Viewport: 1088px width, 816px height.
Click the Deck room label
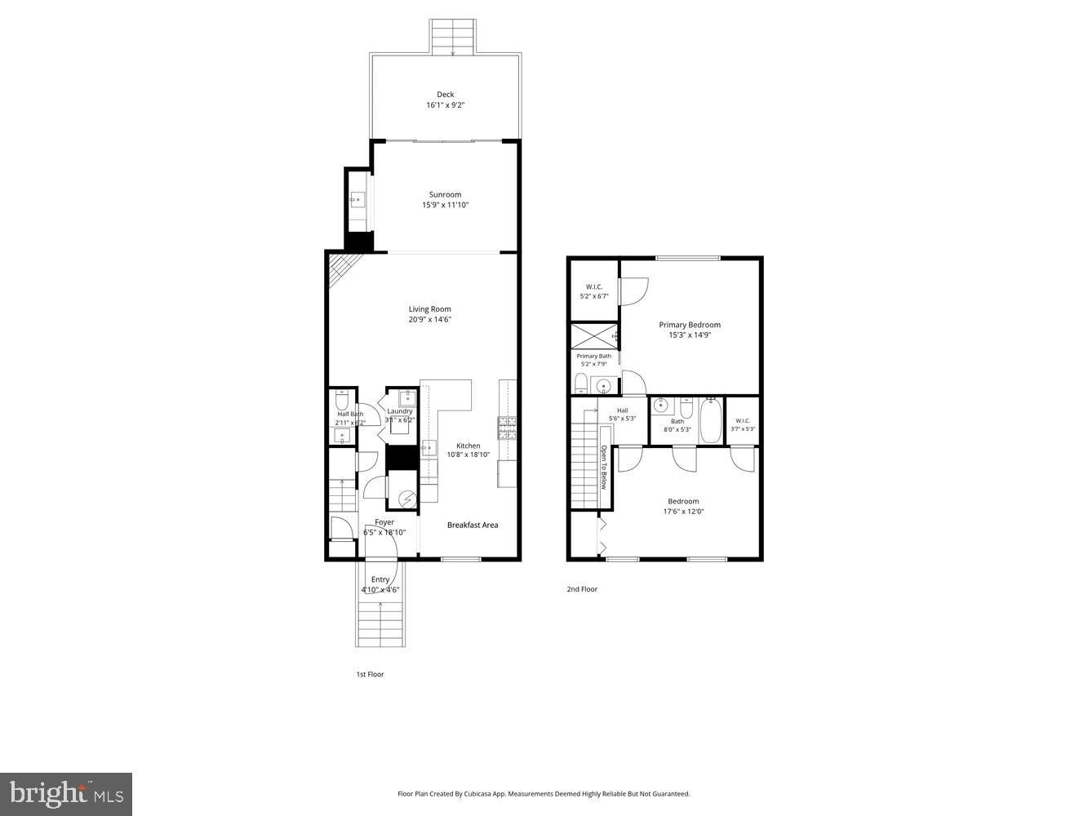point(445,95)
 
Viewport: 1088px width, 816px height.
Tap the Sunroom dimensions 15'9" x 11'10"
point(445,206)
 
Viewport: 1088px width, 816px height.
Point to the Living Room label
point(429,309)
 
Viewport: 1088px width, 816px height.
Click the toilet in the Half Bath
point(343,400)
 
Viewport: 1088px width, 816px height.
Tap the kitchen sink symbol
point(428,448)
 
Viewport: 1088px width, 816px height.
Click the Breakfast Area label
point(472,526)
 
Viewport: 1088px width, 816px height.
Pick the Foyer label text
point(384,522)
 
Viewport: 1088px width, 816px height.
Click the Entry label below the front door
point(380,579)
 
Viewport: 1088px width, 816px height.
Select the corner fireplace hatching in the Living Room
point(339,268)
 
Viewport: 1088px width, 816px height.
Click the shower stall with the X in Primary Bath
point(593,336)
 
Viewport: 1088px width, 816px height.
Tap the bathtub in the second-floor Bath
point(710,420)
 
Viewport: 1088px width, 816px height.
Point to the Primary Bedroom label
point(690,325)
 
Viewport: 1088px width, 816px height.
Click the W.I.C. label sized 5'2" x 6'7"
point(593,291)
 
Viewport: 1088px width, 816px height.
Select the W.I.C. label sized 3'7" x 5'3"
point(743,424)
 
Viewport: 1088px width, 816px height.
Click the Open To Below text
point(604,467)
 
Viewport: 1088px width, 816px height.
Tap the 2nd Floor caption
point(582,589)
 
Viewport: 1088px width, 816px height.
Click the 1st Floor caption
point(370,675)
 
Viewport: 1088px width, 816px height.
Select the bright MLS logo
point(66,793)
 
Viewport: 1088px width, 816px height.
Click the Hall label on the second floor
point(622,410)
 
